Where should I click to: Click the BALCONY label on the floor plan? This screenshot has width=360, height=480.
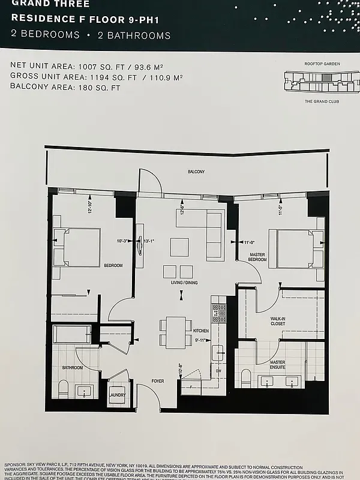[x=196, y=172]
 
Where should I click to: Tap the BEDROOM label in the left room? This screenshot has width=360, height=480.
[x=113, y=265]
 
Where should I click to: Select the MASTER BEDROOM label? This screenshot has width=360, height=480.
[x=257, y=258]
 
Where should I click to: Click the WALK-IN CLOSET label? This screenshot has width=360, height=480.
[x=277, y=321]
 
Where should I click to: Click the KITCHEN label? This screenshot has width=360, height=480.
[x=200, y=331]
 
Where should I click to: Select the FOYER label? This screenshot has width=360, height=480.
[x=158, y=380]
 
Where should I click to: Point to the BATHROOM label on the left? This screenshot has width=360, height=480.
[x=72, y=367]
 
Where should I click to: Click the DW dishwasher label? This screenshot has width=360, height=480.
[x=218, y=370]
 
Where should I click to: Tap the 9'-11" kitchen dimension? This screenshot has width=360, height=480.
[x=200, y=341]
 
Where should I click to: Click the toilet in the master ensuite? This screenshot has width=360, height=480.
[x=245, y=378]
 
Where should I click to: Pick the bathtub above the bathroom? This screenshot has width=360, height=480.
[x=73, y=334]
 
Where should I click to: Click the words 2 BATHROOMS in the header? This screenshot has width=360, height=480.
[x=134, y=35]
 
